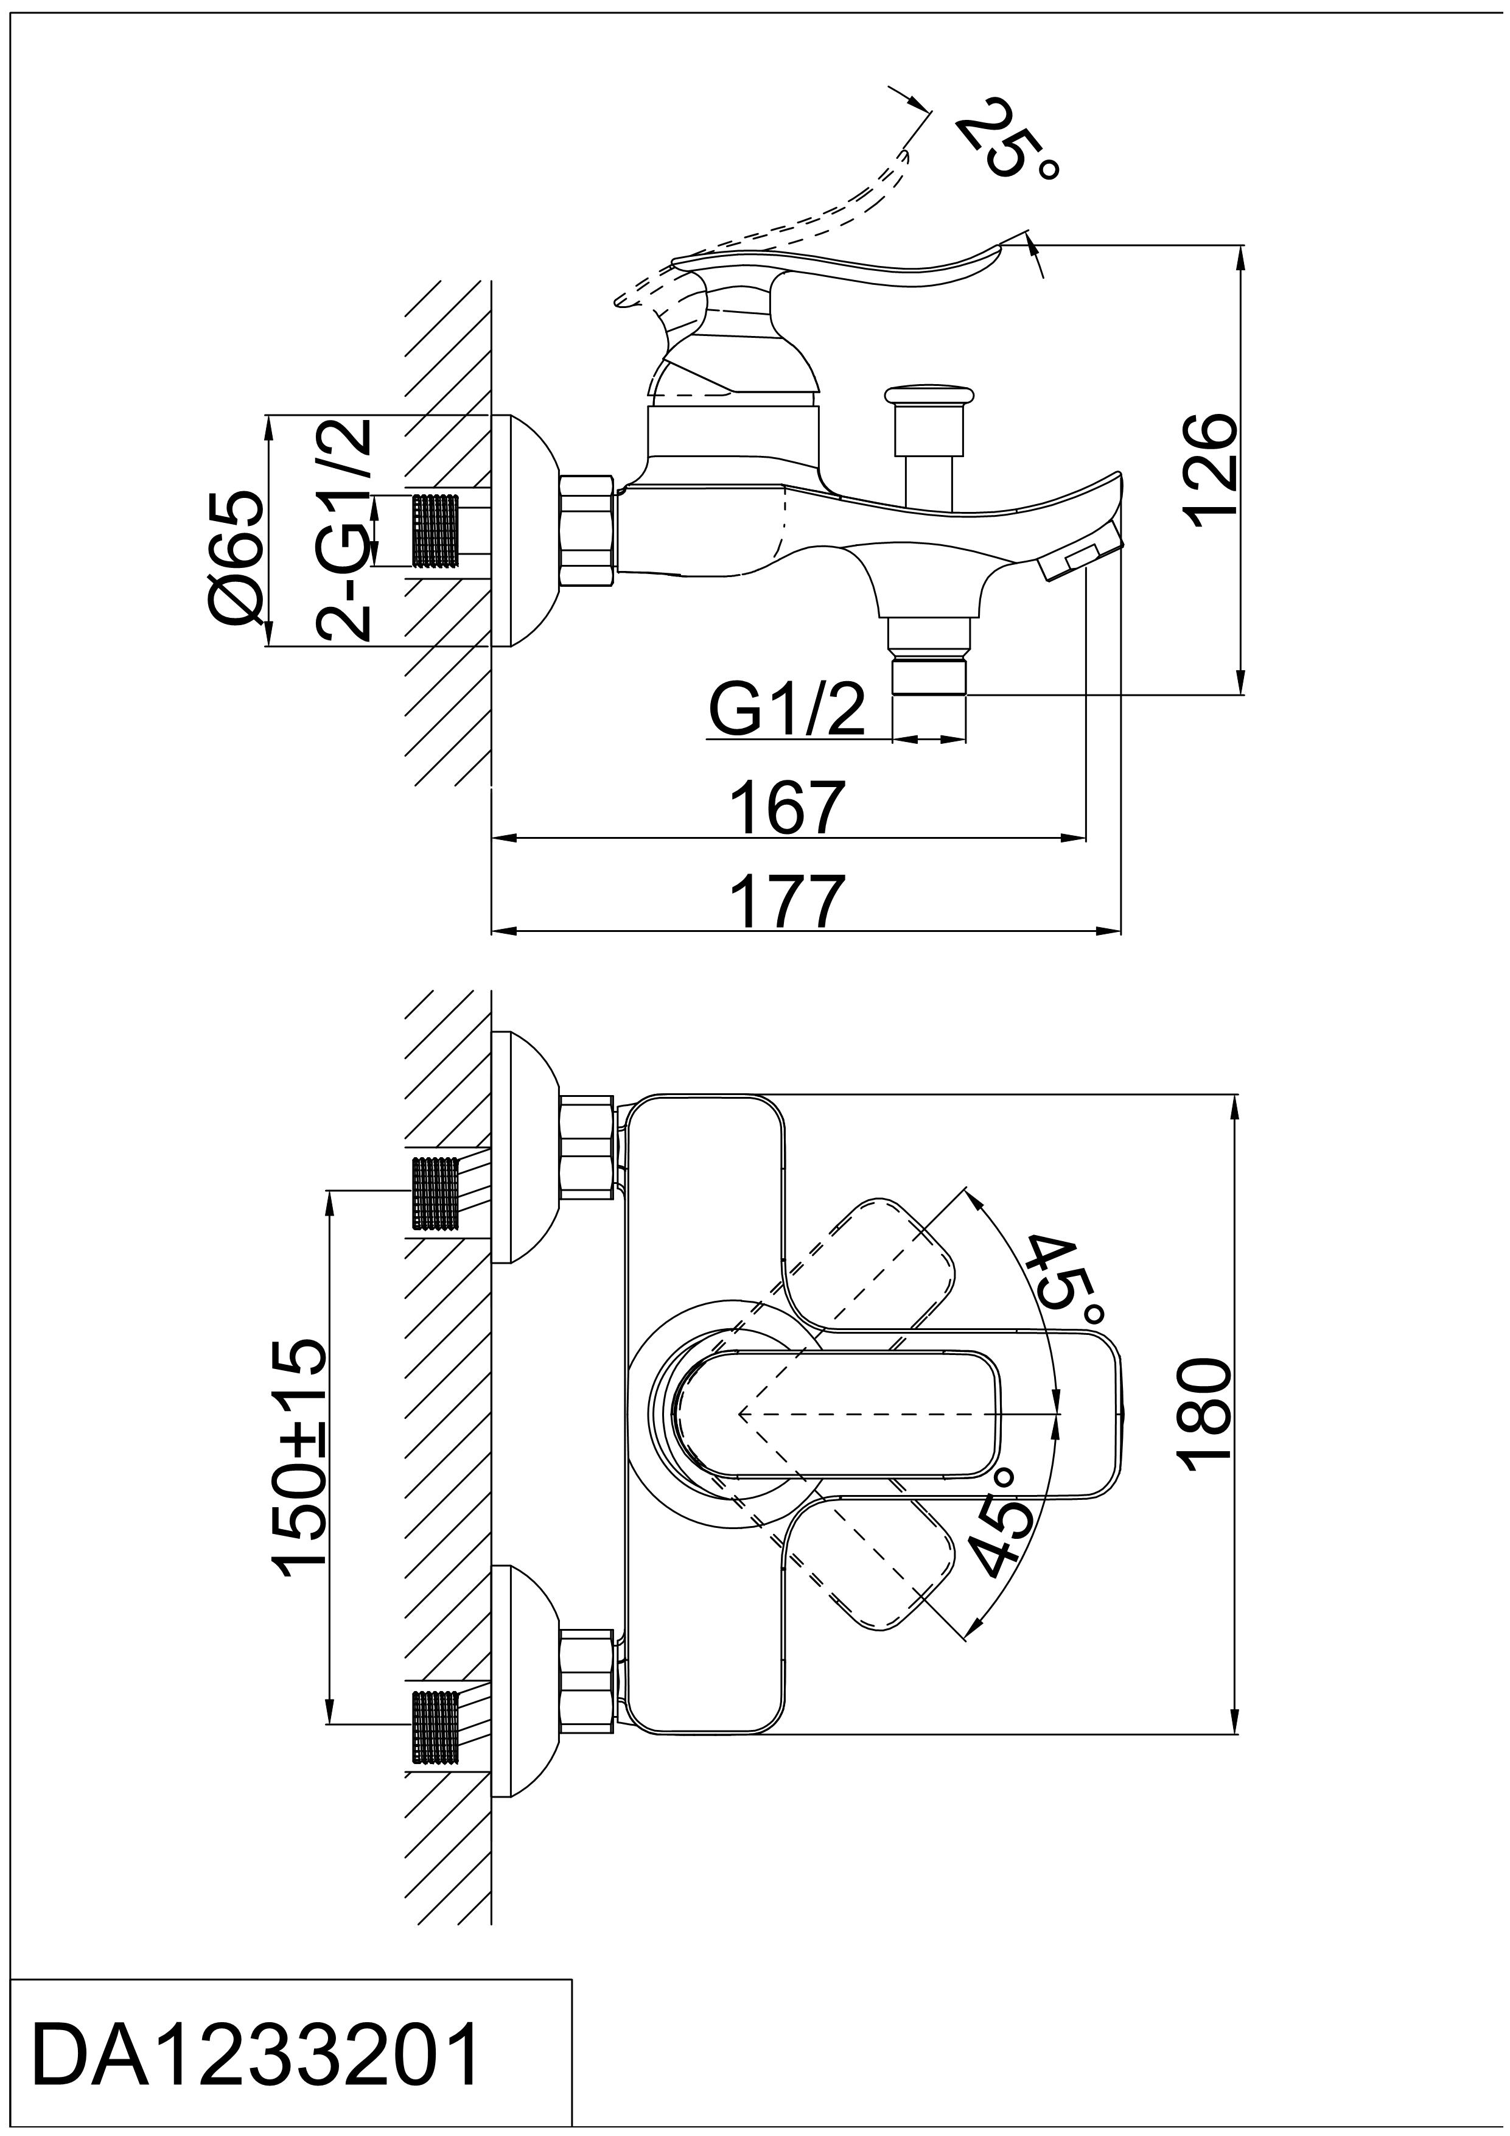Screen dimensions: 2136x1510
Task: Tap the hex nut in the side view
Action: (x=587, y=531)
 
